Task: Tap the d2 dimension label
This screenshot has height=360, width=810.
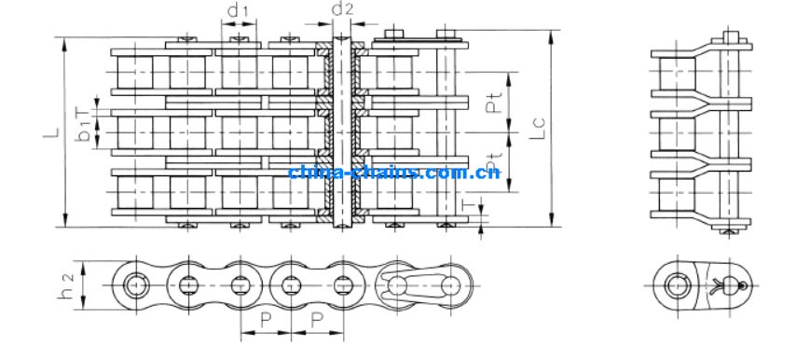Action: tap(342, 8)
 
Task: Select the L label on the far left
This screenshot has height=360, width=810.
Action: tap(51, 132)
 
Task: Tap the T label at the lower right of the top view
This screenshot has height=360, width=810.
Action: tap(468, 205)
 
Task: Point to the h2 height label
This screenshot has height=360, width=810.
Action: tap(67, 286)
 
